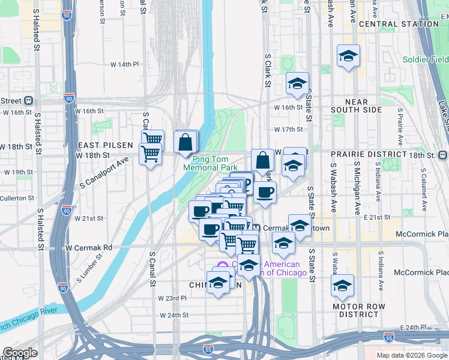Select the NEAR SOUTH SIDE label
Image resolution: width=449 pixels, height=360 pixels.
point(357,110)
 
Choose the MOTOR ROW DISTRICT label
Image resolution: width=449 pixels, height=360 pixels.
point(360,310)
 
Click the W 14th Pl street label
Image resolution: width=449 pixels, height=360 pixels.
point(124,64)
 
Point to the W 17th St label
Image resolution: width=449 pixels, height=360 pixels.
point(289,129)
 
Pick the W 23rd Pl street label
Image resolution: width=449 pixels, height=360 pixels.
point(172,298)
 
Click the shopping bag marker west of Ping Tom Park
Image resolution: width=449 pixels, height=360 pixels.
point(186,143)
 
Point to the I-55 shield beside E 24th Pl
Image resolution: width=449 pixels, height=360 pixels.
point(388,338)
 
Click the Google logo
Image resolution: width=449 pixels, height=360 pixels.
point(20,353)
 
